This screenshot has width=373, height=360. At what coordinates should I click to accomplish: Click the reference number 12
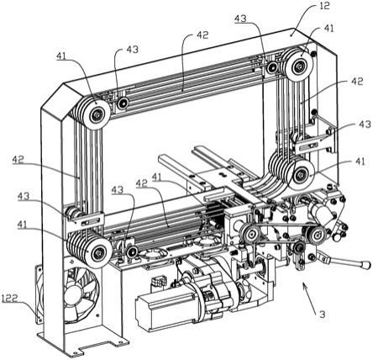324,6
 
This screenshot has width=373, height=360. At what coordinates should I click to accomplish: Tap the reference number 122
10,299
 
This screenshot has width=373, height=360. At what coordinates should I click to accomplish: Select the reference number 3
323,315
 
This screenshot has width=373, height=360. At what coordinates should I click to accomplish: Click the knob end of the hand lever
365,265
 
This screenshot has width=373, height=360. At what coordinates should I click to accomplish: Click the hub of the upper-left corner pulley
97,114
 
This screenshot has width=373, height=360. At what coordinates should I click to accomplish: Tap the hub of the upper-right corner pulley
299,67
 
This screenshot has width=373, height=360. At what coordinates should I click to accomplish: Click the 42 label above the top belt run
202,35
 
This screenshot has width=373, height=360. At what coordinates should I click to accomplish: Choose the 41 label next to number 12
328,29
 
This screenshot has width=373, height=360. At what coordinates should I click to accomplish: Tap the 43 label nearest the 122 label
24,196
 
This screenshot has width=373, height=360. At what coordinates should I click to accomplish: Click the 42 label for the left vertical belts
18,160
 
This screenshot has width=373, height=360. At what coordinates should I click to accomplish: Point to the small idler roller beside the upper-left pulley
123,103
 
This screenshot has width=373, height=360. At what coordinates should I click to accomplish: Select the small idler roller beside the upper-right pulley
271,67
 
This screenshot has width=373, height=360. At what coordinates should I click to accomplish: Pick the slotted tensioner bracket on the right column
311,144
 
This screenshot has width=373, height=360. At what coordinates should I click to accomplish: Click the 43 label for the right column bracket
365,124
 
